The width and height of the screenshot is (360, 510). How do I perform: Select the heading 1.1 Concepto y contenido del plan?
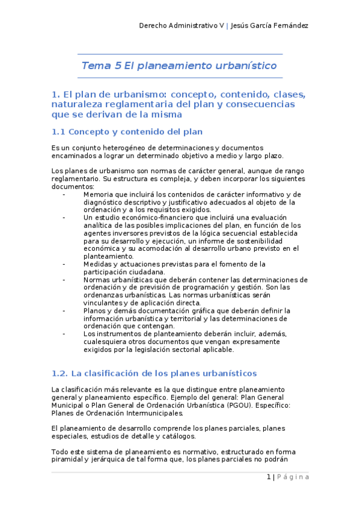coord(127,131)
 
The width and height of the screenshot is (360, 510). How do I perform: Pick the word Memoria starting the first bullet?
coord(101,194)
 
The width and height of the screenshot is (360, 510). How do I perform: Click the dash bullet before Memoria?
coord(64,194)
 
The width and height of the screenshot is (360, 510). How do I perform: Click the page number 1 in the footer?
coord(268,477)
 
